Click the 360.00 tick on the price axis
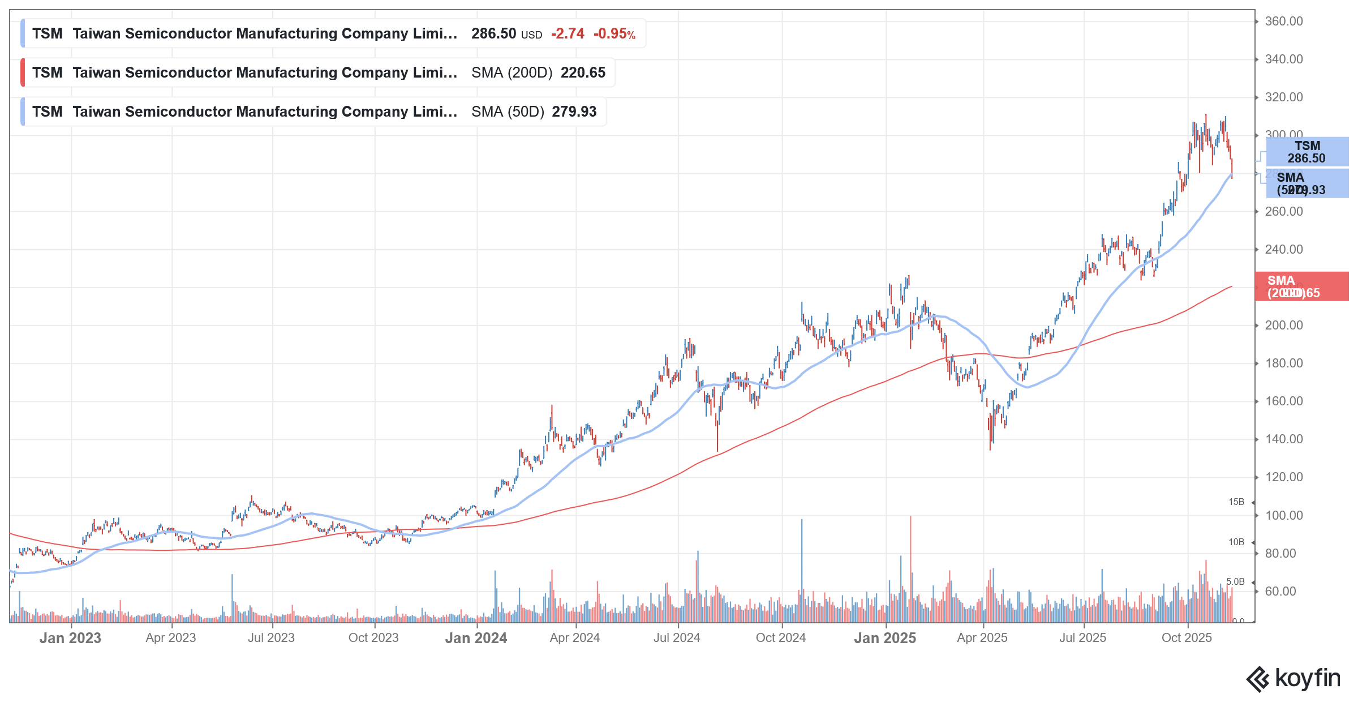point(1283,22)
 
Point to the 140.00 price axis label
point(1283,439)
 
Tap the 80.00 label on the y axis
point(1280,554)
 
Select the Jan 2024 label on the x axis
point(476,638)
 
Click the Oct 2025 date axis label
point(1187,638)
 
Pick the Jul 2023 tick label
point(271,638)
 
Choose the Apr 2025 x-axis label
point(982,638)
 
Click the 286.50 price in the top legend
point(493,34)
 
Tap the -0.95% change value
point(614,34)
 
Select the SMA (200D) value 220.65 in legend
point(583,73)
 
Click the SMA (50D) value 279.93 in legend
point(574,112)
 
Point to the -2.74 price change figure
point(568,34)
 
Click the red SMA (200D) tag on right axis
point(1301,286)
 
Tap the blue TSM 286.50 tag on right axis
point(1307,152)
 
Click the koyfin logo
point(1293,679)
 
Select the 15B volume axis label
point(1236,502)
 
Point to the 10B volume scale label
point(1236,542)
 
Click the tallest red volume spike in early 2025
point(910,566)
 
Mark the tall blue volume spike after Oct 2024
point(802,566)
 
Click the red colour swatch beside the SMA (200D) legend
point(23,73)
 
